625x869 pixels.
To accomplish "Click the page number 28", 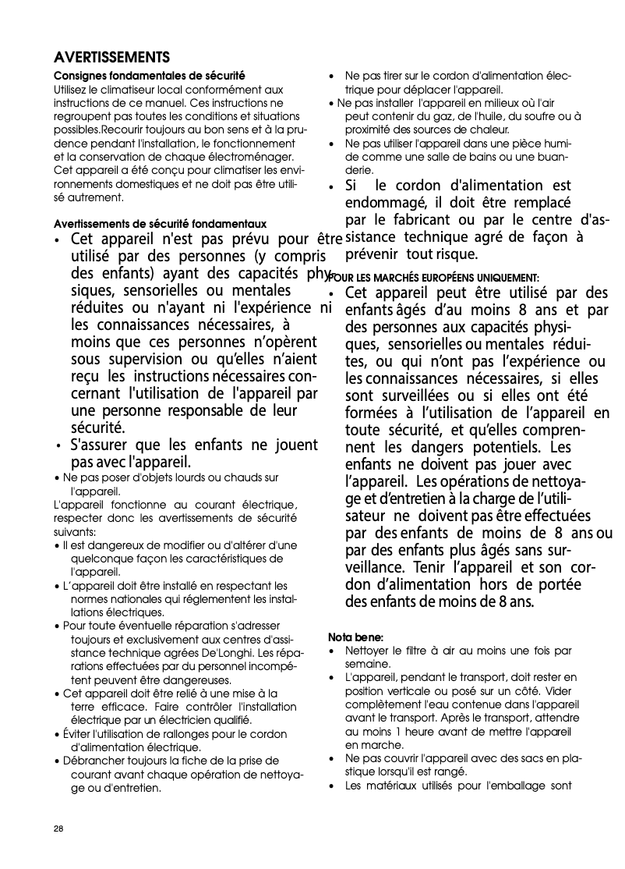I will tap(58, 828).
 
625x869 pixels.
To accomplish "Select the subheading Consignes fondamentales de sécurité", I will tap(149, 76).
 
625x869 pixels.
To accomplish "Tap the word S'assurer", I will tap(99, 445).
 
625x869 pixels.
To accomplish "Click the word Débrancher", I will tap(94, 760).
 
